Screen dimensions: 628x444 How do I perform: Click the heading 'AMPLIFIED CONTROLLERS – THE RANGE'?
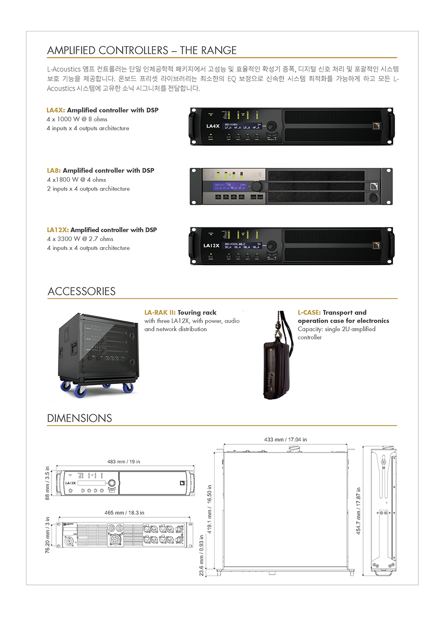click(142, 50)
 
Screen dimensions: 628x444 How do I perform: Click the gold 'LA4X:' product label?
click(56, 110)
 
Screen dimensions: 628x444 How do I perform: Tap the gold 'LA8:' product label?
click(54, 171)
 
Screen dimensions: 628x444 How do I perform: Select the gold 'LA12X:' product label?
click(57, 230)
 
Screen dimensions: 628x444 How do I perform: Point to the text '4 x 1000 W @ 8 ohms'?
click(77, 119)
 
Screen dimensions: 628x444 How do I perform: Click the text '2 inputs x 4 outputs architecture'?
click(88, 189)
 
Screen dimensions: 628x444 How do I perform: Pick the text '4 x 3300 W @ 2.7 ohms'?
click(80, 239)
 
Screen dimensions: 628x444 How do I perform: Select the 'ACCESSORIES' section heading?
click(81, 292)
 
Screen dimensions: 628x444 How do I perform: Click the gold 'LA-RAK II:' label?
click(160, 313)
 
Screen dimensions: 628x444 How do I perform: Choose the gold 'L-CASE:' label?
click(309, 313)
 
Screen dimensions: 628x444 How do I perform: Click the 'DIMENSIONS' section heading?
click(79, 418)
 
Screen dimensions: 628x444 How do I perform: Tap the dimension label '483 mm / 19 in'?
click(124, 462)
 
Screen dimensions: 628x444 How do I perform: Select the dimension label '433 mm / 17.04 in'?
click(285, 440)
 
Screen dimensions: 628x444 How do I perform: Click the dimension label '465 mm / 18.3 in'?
click(124, 513)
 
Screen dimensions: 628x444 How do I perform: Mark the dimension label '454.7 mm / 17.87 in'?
click(358, 511)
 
